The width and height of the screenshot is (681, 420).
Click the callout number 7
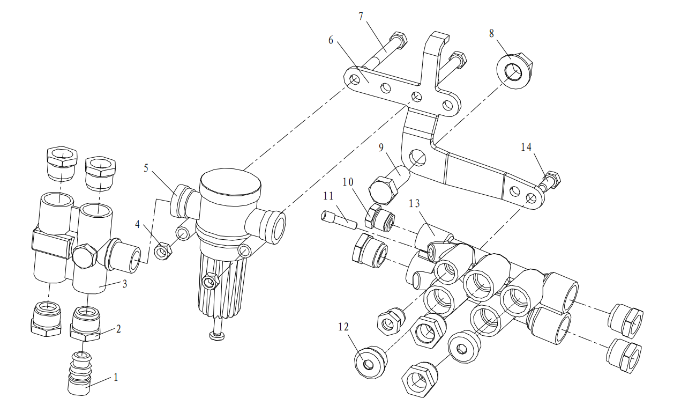pyautogui.click(x=361, y=16)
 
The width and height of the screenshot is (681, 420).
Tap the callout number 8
pyautogui.click(x=492, y=33)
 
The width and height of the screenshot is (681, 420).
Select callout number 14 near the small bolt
pyautogui.click(x=526, y=148)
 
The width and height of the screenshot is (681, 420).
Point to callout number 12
pyautogui.click(x=343, y=327)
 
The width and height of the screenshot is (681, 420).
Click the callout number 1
pyautogui.click(x=116, y=378)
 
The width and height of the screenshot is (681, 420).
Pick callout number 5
pyautogui.click(x=146, y=168)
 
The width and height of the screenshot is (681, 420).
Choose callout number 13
pyautogui.click(x=414, y=203)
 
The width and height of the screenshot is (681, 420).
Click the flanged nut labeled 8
pyautogui.click(x=514, y=70)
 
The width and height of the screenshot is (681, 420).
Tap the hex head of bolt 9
pyautogui.click(x=383, y=190)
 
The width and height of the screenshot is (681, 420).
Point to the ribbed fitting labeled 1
pyautogui.click(x=80, y=374)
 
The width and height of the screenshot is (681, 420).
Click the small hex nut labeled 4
pyautogui.click(x=163, y=251)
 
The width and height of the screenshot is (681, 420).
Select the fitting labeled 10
pyautogui.click(x=380, y=218)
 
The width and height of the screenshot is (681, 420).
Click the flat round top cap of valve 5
pyautogui.click(x=230, y=181)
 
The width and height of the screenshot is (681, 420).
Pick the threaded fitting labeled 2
pyautogui.click(x=85, y=323)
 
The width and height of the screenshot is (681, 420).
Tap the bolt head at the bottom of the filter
pyautogui.click(x=217, y=336)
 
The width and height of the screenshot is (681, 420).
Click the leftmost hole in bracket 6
pyautogui.click(x=355, y=79)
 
